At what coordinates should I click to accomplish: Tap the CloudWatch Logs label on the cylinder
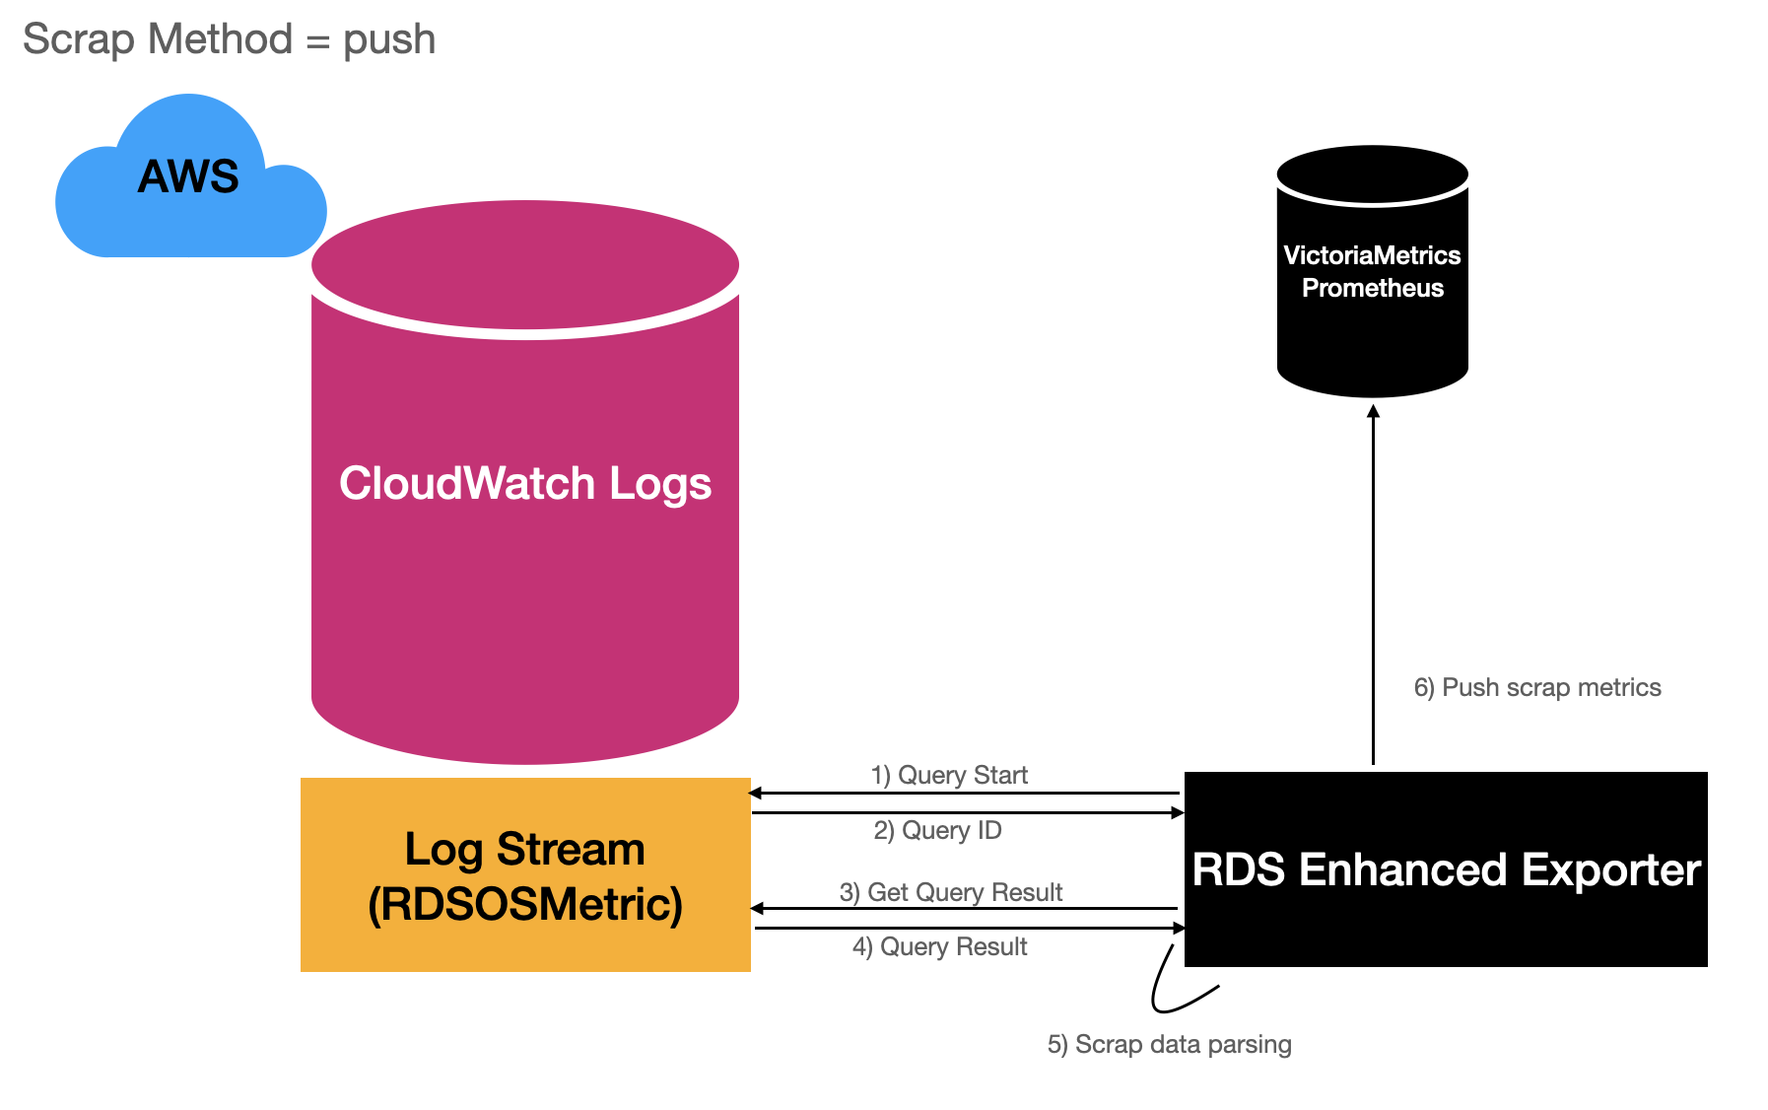(x=525, y=484)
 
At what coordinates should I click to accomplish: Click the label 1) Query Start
(x=949, y=775)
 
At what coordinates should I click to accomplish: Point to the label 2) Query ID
(x=937, y=830)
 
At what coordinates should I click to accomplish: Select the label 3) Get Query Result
(x=950, y=892)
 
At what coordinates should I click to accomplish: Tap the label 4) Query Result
(x=939, y=946)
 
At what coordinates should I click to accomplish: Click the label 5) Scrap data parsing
(x=1169, y=1044)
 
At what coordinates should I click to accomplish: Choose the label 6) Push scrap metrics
(x=1536, y=687)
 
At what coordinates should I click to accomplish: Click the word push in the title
(x=389, y=40)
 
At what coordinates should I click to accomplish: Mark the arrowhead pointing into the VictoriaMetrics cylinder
(x=1373, y=411)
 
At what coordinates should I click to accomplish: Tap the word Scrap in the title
(x=78, y=39)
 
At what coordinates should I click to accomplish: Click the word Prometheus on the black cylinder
(x=1372, y=288)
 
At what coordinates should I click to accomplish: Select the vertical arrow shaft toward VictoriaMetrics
(x=1373, y=591)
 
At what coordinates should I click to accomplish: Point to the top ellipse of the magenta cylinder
(x=525, y=263)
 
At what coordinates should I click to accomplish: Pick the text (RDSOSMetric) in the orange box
(x=525, y=904)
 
